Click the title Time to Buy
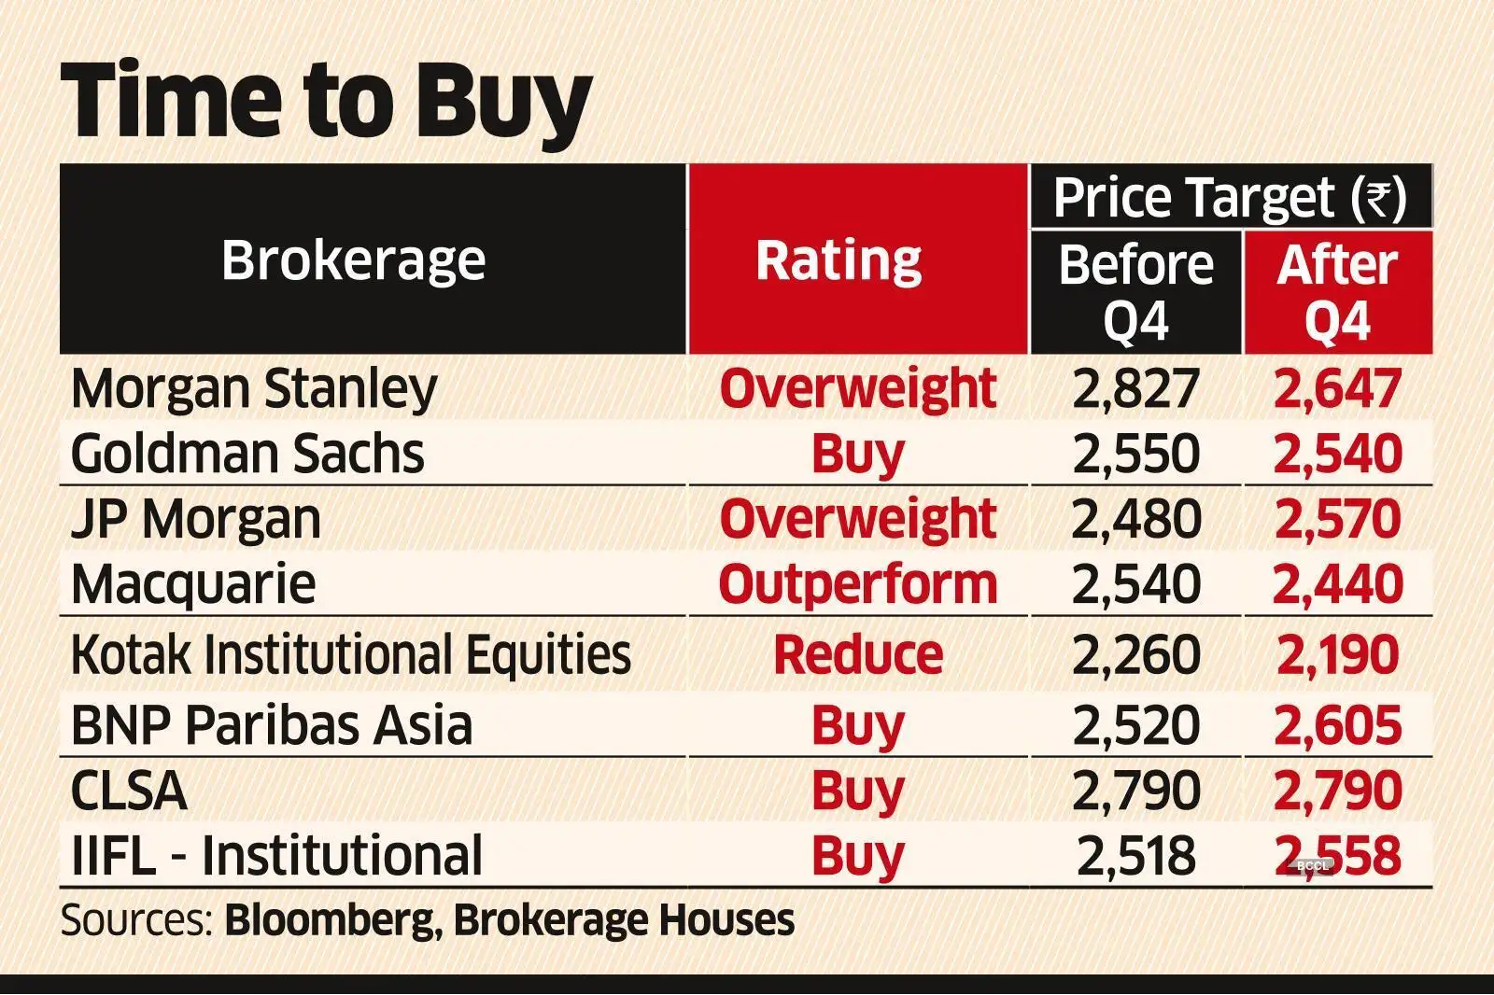coord(327,101)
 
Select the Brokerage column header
coord(353,259)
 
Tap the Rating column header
coord(839,259)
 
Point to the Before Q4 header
coord(1135,292)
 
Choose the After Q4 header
coord(1337,292)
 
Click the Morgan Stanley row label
coord(253,388)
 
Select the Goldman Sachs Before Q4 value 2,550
coord(1135,455)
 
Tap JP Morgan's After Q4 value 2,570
coord(1337,520)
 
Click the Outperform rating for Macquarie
coord(857,585)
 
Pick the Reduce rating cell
coord(857,655)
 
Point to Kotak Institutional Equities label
coord(350,655)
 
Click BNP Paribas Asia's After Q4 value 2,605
coord(1337,726)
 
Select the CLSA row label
coord(129,792)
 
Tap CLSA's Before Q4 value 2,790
coord(1135,792)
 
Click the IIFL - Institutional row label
coord(276,856)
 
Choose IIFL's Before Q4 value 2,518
coord(1135,856)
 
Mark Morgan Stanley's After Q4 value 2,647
coord(1337,388)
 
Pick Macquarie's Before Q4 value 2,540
coord(1135,585)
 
